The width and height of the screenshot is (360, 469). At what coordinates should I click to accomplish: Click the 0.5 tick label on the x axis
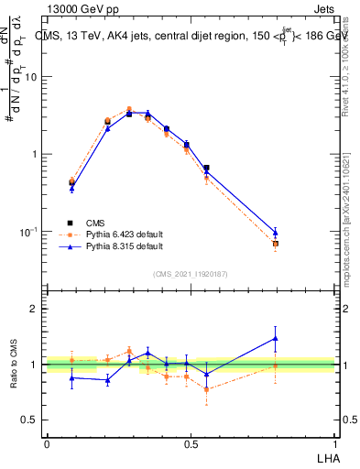[x=190, y=444]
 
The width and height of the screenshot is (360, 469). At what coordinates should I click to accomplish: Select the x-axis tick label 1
[x=333, y=444]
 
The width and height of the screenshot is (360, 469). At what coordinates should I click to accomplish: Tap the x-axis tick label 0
[x=47, y=444]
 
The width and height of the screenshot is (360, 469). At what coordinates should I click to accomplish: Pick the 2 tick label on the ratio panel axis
[x=34, y=309]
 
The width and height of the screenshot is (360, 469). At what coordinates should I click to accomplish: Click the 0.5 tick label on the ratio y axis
[x=29, y=420]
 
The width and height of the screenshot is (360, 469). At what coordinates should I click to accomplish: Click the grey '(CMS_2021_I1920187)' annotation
[x=191, y=273]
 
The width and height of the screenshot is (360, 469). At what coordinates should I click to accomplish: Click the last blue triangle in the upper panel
[x=276, y=233]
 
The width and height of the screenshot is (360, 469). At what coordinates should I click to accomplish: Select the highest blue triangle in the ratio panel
[x=276, y=338]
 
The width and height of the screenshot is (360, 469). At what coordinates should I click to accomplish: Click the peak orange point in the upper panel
[x=129, y=109]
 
